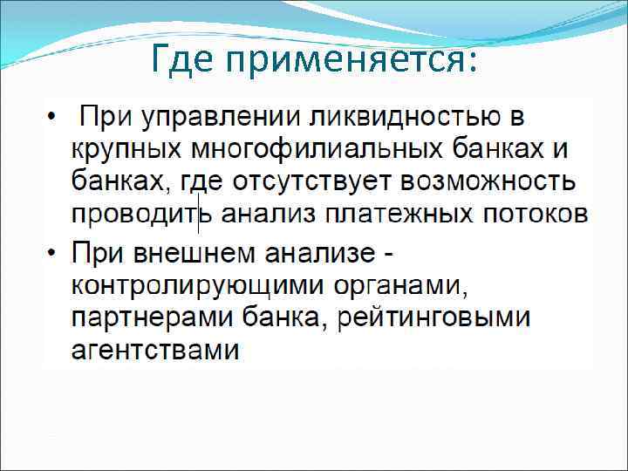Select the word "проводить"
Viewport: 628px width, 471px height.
(135, 214)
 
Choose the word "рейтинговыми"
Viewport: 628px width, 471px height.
(431, 318)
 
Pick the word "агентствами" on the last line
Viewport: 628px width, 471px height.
(154, 350)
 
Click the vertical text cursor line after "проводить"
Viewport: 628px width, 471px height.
(200, 214)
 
